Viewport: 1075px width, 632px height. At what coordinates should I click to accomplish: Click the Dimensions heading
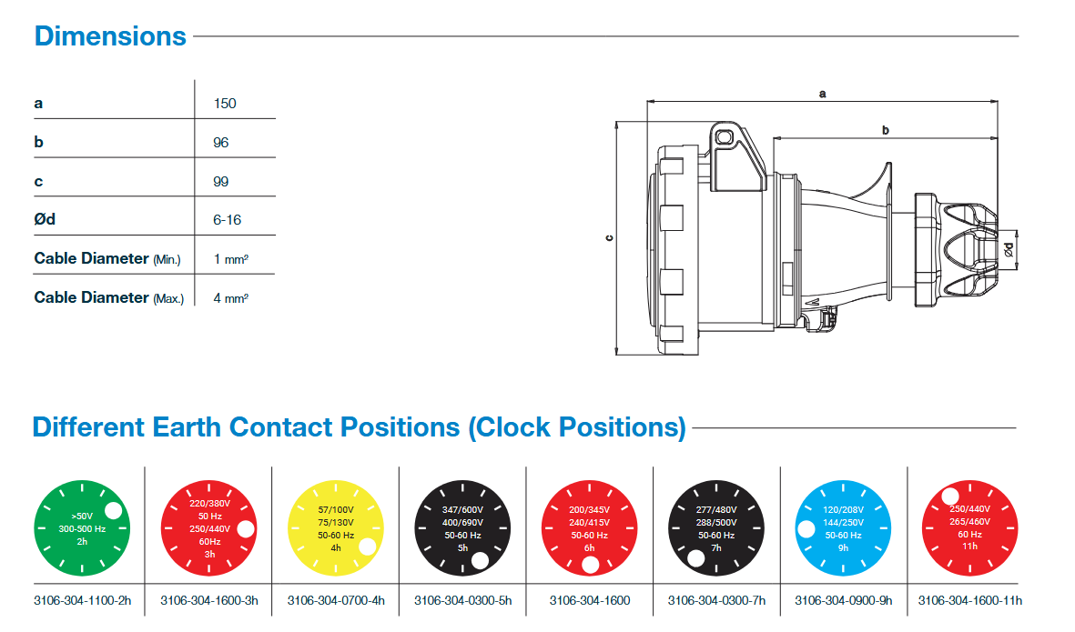(x=110, y=36)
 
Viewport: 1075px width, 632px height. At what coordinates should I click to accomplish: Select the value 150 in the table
(x=225, y=104)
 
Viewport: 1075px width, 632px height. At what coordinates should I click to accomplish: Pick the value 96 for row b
(x=221, y=143)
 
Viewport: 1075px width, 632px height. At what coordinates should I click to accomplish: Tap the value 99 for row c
(x=221, y=182)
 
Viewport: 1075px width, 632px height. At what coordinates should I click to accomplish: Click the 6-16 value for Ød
(x=228, y=220)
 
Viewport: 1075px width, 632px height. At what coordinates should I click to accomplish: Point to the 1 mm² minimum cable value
(x=231, y=259)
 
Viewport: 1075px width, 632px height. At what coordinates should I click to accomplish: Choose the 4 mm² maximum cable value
(x=231, y=297)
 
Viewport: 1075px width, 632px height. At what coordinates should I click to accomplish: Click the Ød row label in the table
(x=46, y=220)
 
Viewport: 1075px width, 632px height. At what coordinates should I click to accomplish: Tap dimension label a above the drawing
(x=823, y=94)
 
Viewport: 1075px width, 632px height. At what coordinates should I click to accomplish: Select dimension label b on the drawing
(x=886, y=131)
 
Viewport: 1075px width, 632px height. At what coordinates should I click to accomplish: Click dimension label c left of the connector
(x=609, y=238)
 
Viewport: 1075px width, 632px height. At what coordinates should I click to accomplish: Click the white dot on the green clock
(x=114, y=510)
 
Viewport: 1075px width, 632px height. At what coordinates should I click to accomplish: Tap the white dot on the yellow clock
(x=368, y=547)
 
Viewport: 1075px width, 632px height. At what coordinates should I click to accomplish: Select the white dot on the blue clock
(x=806, y=529)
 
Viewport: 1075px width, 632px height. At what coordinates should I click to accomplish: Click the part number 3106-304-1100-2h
(x=83, y=600)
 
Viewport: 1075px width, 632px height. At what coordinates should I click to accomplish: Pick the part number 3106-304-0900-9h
(x=844, y=600)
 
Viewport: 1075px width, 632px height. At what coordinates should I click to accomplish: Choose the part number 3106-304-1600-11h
(x=970, y=600)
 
